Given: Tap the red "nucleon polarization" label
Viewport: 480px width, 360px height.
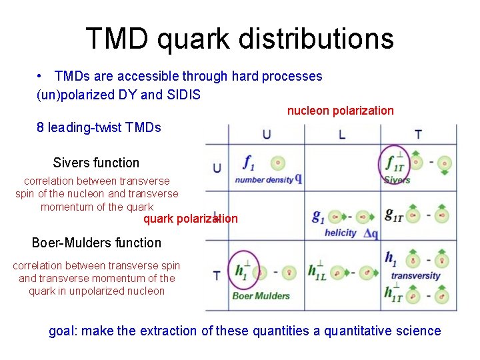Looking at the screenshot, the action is click(x=340, y=111).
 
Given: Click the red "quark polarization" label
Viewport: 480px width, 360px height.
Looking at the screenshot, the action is click(x=190, y=219).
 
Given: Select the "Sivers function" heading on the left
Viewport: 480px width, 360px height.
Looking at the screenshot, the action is click(x=96, y=163).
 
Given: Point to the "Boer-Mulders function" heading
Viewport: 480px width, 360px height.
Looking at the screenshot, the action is click(x=97, y=243).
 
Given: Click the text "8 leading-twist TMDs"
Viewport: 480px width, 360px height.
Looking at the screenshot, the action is click(x=99, y=127).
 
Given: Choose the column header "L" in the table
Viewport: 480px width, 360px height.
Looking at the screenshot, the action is click(x=342, y=135).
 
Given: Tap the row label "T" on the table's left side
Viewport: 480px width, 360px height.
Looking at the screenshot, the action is click(x=217, y=275).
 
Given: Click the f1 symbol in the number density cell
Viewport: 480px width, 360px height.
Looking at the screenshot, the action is click(x=249, y=162).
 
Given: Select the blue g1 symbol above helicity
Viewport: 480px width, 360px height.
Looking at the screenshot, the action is click(x=319, y=216).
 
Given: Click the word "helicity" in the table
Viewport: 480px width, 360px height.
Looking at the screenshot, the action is click(x=341, y=233).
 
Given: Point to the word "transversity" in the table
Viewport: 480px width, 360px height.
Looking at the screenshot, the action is click(x=415, y=275).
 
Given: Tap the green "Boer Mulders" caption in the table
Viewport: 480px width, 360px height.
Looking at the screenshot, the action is click(x=261, y=295).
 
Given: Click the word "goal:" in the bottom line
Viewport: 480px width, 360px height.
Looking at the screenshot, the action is click(x=64, y=331).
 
